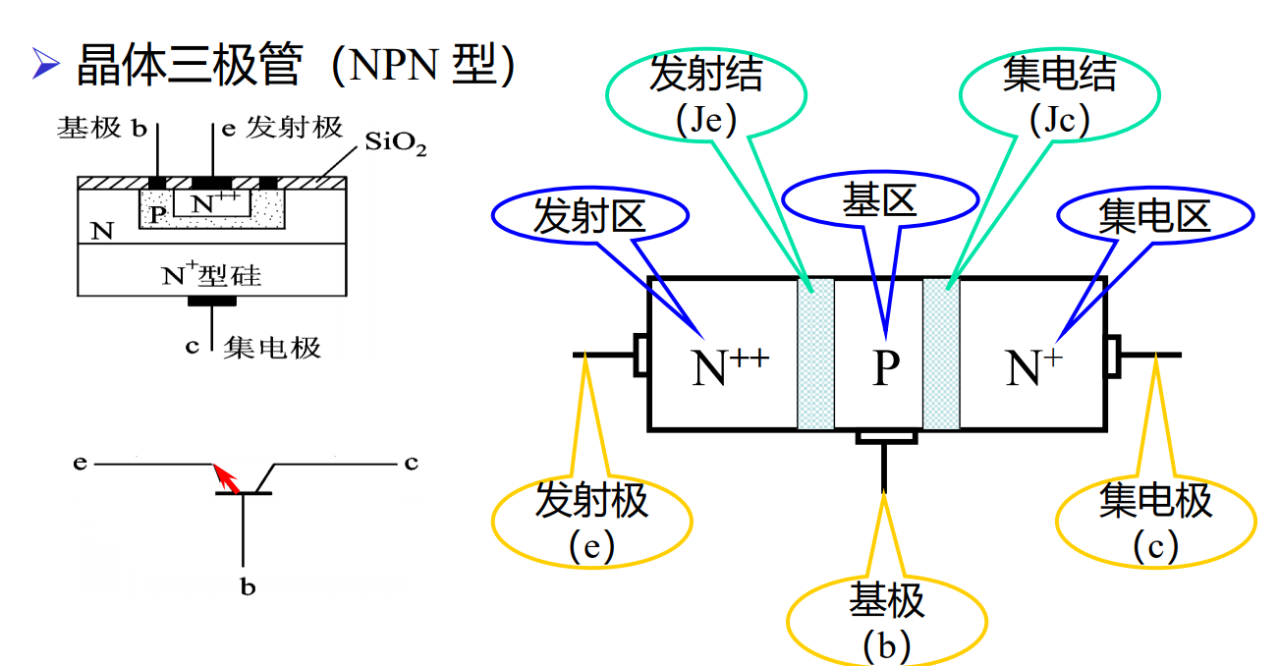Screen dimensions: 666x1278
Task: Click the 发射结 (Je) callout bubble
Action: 705,94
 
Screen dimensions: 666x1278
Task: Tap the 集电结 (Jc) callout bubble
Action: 1058,94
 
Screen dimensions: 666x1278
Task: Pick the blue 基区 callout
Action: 879,201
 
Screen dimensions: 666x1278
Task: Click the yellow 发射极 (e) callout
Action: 591,520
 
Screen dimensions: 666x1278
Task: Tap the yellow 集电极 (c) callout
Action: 1155,520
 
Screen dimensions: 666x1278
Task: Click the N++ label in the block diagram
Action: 729,367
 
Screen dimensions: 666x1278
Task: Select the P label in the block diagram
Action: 885,368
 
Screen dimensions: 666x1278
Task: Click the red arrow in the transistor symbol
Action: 226,478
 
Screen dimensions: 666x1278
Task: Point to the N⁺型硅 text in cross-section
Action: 211,275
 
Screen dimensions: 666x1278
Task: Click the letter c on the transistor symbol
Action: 411,463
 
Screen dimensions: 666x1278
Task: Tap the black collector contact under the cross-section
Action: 211,301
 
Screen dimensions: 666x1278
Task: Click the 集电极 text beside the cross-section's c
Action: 272,347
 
